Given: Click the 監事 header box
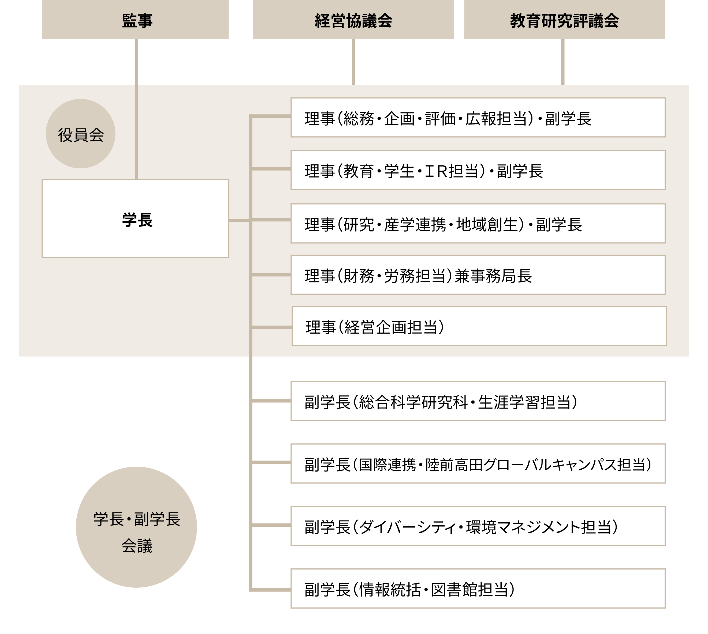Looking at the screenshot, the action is pos(135,20).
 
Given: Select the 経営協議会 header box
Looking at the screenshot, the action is pos(353,20).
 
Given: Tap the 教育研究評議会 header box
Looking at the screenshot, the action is pos(564,20).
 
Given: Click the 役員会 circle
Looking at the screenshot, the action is pos(80,134).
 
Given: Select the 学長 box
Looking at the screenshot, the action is pos(135,219).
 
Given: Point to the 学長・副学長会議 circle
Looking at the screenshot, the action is pos(136,527).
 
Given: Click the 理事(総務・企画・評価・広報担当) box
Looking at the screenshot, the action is pos(478,117).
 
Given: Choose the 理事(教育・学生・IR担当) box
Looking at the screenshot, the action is pos(478,170).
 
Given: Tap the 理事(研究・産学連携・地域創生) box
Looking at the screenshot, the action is pos(478,223).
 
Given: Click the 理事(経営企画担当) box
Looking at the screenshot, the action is pos(479,326).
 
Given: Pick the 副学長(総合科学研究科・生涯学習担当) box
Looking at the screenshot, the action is pos(478,401).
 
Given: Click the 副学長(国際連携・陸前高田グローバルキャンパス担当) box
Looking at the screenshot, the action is pos(478,463).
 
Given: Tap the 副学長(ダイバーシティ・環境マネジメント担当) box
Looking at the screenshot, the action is pos(478,526).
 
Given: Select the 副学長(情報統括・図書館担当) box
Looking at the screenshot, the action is pos(478,588).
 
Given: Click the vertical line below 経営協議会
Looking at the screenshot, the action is pos(353,62).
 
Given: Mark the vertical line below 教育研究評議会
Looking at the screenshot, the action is pos(563,62).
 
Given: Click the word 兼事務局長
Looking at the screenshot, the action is pos(493,276).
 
